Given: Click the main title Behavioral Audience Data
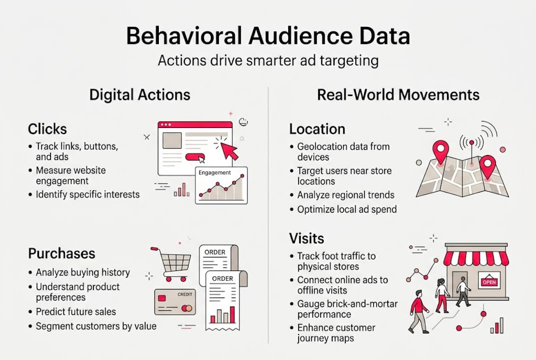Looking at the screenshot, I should [x=268, y=37].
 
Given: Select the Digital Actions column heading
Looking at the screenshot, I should [x=139, y=94].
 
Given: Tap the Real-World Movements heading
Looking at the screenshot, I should [x=398, y=94].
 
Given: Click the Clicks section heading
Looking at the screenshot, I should [x=47, y=129].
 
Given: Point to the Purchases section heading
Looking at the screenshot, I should [x=61, y=253].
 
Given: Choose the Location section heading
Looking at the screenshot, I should [x=317, y=129].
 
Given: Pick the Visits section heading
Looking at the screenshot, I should [x=307, y=238].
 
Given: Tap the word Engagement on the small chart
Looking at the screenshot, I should [x=215, y=172].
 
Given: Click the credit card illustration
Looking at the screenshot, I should [x=174, y=301].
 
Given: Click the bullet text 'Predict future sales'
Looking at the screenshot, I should [x=76, y=311].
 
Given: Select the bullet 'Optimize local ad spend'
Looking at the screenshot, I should [x=347, y=209].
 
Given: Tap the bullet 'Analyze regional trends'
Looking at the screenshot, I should [x=346, y=195].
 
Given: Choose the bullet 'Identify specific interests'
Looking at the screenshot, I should [x=88, y=194].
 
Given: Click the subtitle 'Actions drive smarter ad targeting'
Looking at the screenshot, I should [x=268, y=61].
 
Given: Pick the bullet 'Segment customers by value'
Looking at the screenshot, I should [x=96, y=326].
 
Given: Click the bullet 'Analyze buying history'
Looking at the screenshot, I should [x=83, y=272].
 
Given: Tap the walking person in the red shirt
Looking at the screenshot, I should [x=418, y=310].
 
